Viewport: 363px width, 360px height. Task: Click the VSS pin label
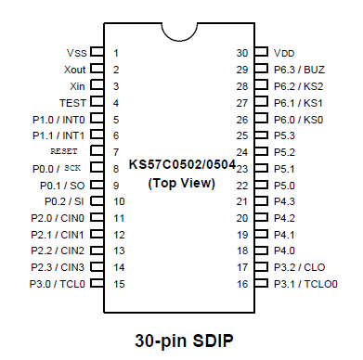coord(77,53)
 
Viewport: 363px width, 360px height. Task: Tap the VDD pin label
coord(286,53)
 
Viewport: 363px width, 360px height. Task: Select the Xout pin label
coord(75,70)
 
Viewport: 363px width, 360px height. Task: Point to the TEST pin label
coord(72,102)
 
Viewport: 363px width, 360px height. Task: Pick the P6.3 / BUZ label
coord(300,70)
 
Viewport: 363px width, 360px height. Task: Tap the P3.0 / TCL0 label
coord(58,283)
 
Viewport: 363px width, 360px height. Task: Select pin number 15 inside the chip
coord(119,283)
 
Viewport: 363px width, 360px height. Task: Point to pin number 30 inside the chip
coord(242,53)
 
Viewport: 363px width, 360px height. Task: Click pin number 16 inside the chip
coord(242,283)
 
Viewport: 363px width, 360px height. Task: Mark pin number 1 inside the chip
coord(116,53)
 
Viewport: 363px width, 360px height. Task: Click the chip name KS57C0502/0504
coord(181,163)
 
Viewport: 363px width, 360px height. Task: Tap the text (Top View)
coord(181,184)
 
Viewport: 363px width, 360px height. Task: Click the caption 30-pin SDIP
coord(181,340)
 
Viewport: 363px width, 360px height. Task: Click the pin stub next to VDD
coord(264,53)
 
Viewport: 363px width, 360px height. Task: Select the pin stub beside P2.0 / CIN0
coord(97,217)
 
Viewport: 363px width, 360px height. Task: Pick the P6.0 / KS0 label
coord(300,119)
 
